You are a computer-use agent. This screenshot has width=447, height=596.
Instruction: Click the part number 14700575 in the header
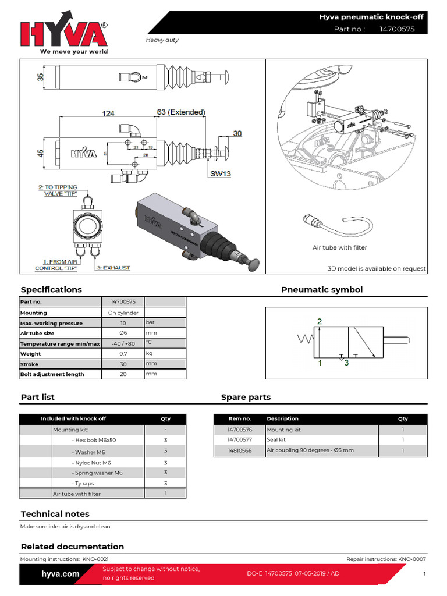pyautogui.click(x=397, y=29)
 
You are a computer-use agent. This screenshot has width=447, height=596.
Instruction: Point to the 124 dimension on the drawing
pyautogui.click(x=109, y=113)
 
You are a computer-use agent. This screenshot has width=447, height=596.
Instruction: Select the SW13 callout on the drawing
pyautogui.click(x=219, y=173)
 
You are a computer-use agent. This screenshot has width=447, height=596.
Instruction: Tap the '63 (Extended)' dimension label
pyautogui.click(x=180, y=112)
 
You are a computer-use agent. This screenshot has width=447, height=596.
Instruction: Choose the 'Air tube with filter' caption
pyautogui.click(x=340, y=248)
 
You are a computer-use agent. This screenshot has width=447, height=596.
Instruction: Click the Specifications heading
pyautogui.click(x=51, y=290)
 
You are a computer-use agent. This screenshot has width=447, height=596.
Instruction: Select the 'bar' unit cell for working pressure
pyautogui.click(x=151, y=322)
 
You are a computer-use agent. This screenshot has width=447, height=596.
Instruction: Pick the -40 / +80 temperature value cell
pyautogui.click(x=123, y=343)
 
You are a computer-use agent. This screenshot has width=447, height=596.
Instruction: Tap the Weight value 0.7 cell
pyautogui.click(x=123, y=354)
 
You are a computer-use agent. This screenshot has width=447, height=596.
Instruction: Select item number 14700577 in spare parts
pyautogui.click(x=240, y=440)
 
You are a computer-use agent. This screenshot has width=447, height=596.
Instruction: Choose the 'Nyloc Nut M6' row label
pyautogui.click(x=91, y=462)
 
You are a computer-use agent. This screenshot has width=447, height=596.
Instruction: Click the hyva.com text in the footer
pyautogui.click(x=61, y=574)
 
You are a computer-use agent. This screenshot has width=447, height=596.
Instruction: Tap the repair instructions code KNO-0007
pyautogui.click(x=411, y=559)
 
